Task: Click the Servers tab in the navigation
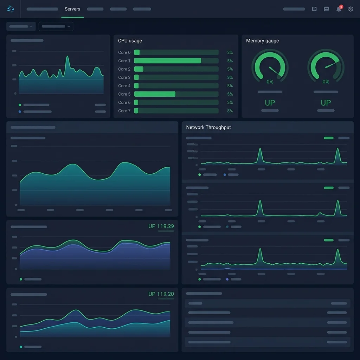click(x=72, y=9)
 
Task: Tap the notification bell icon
click(x=339, y=9)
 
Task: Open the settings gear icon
click(x=351, y=9)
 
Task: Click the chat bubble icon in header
click(x=326, y=9)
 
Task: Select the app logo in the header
click(x=11, y=9)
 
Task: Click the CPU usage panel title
click(x=130, y=41)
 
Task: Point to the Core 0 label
click(x=124, y=52)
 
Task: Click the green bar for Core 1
click(x=167, y=61)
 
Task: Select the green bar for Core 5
click(x=155, y=94)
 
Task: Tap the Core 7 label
click(x=124, y=111)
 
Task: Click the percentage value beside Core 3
click(x=230, y=77)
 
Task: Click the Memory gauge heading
click(x=262, y=41)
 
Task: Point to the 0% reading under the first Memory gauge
click(x=270, y=82)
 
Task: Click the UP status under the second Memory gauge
click(x=326, y=103)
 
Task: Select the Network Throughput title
click(x=208, y=127)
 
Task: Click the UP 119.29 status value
click(x=161, y=226)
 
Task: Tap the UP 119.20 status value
click(x=161, y=294)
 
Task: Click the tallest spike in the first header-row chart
click(x=67, y=58)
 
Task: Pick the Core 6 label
click(x=124, y=102)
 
